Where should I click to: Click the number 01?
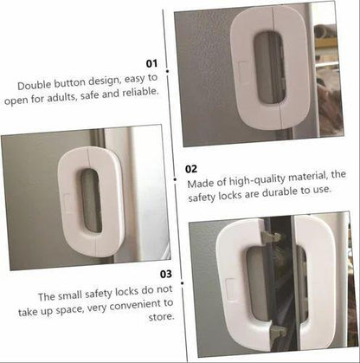(x=152, y=63)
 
